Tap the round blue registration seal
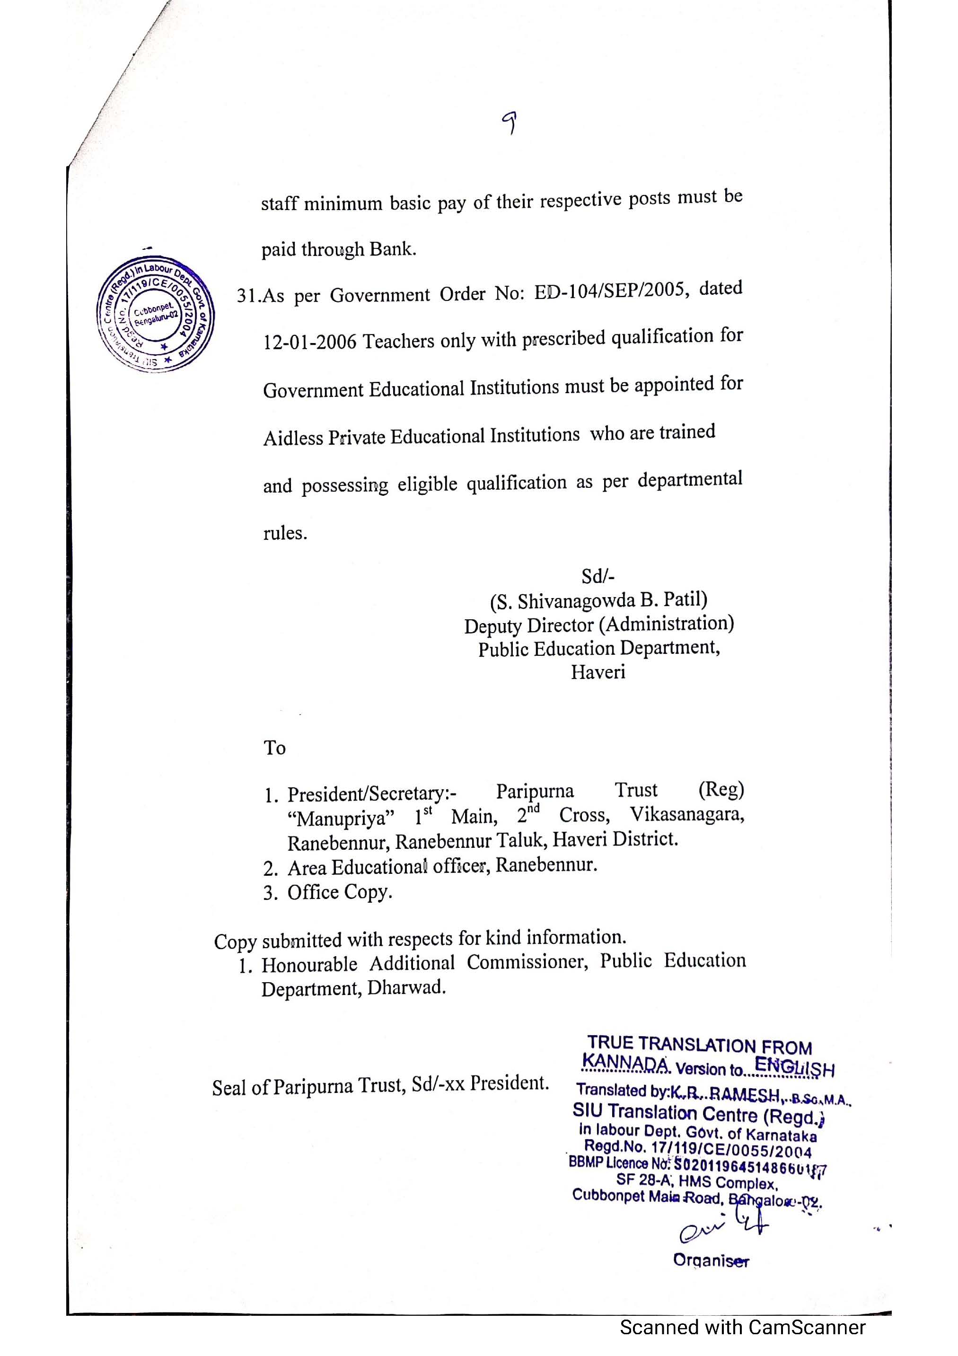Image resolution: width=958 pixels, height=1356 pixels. point(155,314)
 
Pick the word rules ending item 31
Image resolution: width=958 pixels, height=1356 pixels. point(285,533)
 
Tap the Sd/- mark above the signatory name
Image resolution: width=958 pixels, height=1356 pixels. point(598,576)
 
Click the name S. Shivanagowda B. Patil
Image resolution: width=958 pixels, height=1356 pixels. point(598,600)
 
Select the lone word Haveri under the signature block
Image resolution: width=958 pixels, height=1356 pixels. point(598,672)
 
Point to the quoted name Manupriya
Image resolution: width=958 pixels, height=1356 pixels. point(341,819)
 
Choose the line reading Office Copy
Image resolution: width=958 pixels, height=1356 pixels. point(340,892)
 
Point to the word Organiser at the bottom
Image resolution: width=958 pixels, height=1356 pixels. point(711,1260)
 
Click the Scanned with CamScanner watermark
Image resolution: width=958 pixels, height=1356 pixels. point(742,1327)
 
